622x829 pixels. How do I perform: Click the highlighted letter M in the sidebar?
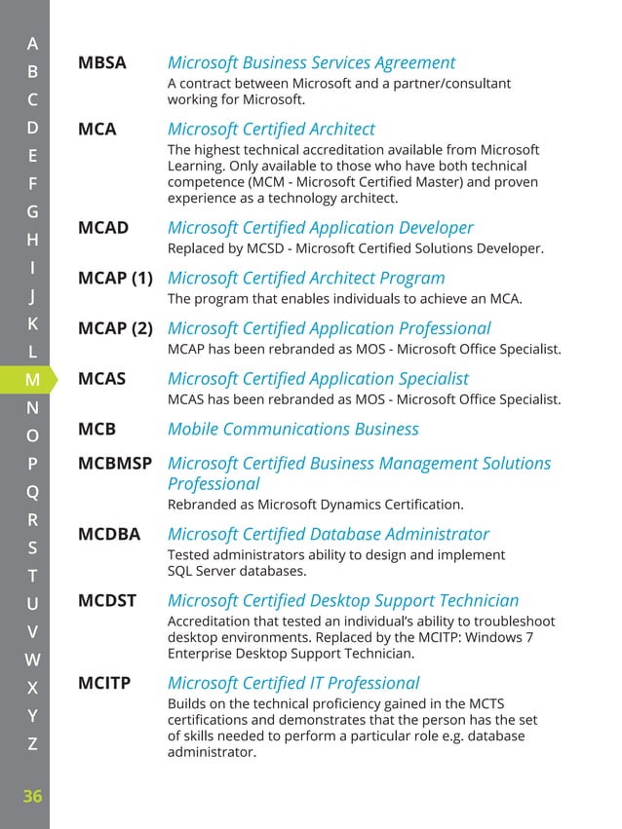point(32,379)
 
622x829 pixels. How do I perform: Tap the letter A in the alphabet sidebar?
point(32,43)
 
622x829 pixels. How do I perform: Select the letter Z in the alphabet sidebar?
point(32,743)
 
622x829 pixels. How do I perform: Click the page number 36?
point(32,796)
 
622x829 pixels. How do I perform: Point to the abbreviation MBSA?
point(102,63)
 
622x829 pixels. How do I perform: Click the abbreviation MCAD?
point(103,228)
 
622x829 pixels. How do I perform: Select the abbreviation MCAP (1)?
point(115,279)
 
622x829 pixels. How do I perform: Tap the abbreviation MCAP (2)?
point(115,328)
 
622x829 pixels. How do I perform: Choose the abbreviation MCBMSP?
point(115,464)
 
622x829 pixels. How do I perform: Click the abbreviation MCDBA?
point(109,534)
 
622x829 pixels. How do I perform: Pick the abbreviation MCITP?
point(104,683)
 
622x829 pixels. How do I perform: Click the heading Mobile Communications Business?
point(292,429)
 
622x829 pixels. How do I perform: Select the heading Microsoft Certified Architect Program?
point(306,279)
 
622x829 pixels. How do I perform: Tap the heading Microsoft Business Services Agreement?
point(311,63)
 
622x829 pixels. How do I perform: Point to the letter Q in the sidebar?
point(32,492)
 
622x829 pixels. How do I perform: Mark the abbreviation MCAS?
point(102,379)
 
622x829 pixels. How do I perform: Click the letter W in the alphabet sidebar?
point(32,659)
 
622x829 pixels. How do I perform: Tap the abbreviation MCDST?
point(106,601)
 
